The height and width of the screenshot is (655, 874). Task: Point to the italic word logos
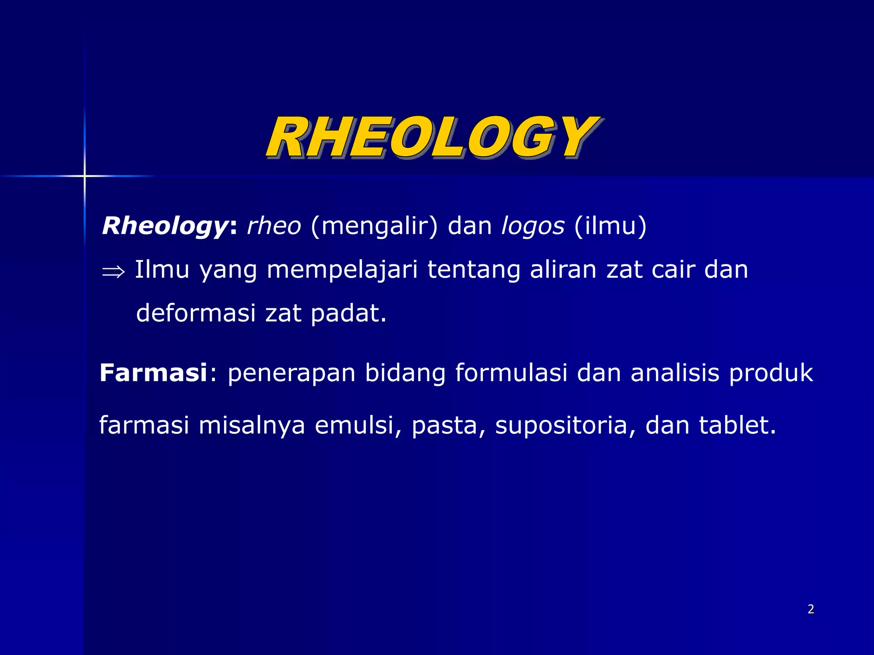[533, 226]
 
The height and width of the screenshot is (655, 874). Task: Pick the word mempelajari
[342, 270]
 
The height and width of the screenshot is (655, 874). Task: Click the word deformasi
[196, 313]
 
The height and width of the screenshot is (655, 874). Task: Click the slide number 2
[811, 609]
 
